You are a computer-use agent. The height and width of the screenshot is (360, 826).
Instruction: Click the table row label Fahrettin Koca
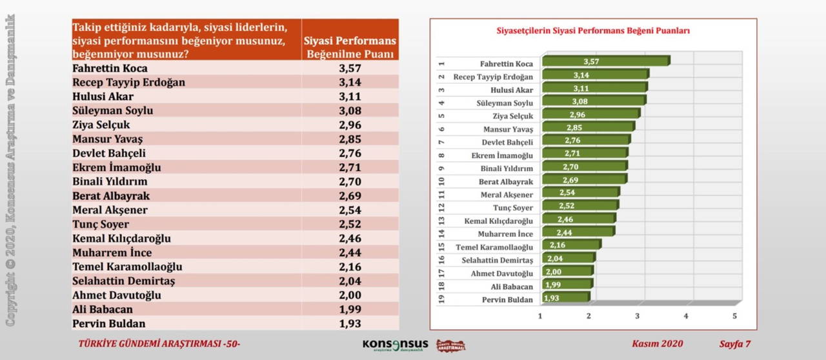pyautogui.click(x=110, y=68)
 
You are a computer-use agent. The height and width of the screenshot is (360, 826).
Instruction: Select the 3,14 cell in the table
pyautogui.click(x=350, y=83)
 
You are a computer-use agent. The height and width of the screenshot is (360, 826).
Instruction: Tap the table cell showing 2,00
pyautogui.click(x=350, y=295)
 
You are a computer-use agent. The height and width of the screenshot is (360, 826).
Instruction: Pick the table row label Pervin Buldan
pyautogui.click(x=109, y=324)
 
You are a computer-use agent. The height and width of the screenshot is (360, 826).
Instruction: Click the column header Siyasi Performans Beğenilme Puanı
pyautogui.click(x=350, y=47)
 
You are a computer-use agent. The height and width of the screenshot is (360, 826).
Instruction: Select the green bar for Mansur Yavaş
pyautogui.click(x=587, y=128)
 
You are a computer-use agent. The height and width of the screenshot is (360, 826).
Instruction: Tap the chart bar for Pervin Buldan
pyautogui.click(x=565, y=298)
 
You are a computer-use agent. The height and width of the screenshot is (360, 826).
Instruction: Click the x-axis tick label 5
pyautogui.click(x=734, y=316)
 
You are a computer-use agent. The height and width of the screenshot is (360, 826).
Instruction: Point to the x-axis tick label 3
pyautogui.click(x=638, y=316)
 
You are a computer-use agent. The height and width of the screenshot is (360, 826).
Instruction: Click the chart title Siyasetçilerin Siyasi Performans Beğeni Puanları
pyautogui.click(x=593, y=30)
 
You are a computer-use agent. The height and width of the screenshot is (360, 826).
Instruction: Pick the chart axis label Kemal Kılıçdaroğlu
pyautogui.click(x=499, y=221)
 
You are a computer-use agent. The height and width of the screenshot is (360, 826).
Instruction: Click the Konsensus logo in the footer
pyautogui.click(x=395, y=345)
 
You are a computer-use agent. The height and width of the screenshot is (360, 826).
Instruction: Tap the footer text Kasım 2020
pyautogui.click(x=657, y=344)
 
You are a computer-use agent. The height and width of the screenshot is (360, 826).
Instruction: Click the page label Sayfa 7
pyautogui.click(x=734, y=344)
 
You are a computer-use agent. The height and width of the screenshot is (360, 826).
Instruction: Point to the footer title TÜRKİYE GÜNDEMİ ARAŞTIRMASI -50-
pyautogui.click(x=159, y=344)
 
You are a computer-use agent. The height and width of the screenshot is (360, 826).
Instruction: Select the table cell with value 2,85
pyautogui.click(x=350, y=139)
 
